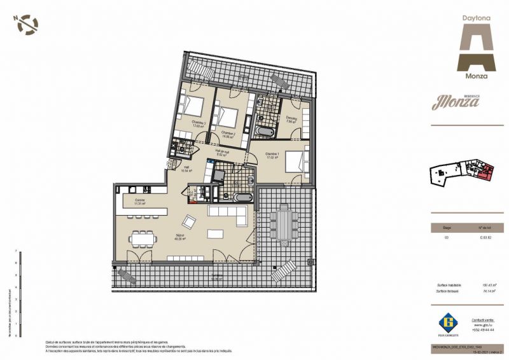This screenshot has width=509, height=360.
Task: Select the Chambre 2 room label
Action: point(228,133)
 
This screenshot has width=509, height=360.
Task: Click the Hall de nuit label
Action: point(223,153)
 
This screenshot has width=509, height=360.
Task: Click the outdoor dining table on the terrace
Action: point(281,223)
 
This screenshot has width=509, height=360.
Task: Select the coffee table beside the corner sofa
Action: point(218,233)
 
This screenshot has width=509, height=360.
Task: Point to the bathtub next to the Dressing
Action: point(264,132)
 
